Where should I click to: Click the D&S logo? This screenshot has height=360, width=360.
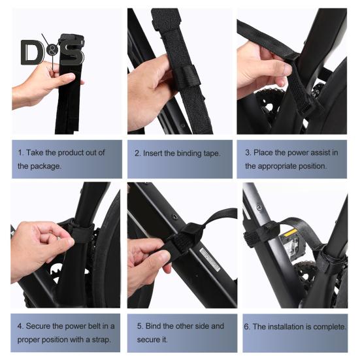[x=52, y=52]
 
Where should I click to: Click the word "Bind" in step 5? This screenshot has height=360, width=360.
[x=153, y=326]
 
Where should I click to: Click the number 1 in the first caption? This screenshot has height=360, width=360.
[x=20, y=152]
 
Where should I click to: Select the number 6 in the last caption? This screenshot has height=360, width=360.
[x=247, y=327]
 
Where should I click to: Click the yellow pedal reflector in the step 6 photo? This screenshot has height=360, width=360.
[x=291, y=233]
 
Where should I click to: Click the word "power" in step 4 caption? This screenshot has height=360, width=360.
[x=63, y=326]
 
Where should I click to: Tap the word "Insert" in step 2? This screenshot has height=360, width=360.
[x=151, y=153]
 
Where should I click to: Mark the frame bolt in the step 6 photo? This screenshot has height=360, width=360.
[x=259, y=208]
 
